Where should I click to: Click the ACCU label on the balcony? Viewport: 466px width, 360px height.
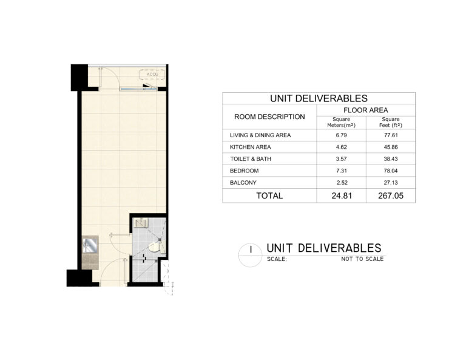point(152,74)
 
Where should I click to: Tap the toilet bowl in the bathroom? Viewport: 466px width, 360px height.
point(157,247)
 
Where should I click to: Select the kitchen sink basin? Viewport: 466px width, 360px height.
point(90,245)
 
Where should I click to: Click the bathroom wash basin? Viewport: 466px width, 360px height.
point(140,222)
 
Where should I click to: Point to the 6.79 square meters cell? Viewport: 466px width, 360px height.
point(341,135)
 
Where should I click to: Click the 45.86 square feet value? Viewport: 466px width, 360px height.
point(391,147)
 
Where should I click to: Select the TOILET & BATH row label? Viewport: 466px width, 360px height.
point(251,158)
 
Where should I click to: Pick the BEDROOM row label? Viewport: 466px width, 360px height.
point(245,171)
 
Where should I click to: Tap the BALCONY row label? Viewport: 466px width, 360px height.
point(243,183)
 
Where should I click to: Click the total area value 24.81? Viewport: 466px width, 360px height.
point(342,195)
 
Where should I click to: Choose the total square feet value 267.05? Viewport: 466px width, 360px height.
point(391,195)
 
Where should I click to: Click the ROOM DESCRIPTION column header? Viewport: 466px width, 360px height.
point(269,117)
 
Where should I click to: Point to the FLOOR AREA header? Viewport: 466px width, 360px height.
point(366,110)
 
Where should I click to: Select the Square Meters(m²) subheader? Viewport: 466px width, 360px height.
point(341,122)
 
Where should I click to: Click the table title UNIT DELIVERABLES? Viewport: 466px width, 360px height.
point(319,98)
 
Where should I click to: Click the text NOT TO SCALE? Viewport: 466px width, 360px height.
point(362,259)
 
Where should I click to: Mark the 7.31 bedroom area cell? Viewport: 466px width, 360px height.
point(341,171)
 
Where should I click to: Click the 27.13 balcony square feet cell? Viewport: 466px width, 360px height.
point(391,183)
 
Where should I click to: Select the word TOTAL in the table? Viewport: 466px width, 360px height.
point(269,195)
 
